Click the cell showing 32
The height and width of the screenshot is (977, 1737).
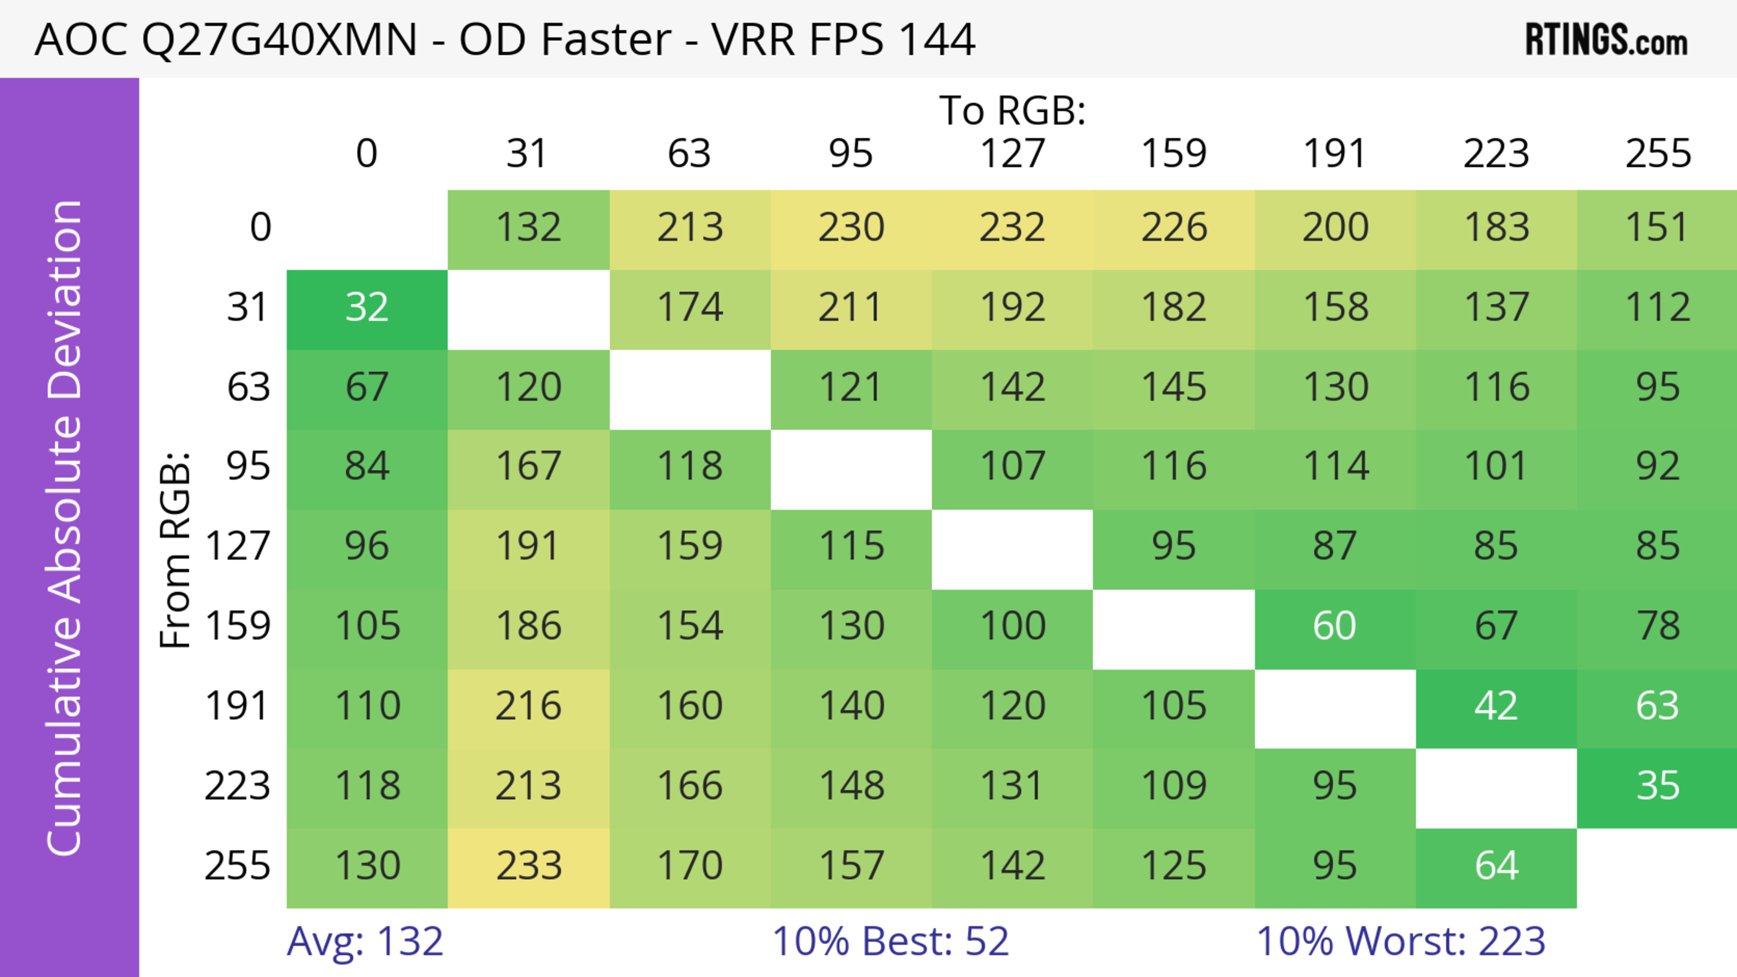367,308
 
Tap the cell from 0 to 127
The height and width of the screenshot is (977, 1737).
1012,228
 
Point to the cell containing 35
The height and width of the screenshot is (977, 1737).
1657,786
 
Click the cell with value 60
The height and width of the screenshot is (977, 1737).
1334,627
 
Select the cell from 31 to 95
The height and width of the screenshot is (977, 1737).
851,308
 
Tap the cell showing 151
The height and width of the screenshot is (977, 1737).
1657,228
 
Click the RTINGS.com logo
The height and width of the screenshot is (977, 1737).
1606,40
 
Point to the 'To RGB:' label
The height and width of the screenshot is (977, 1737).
1012,110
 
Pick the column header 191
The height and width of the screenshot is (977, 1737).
1334,154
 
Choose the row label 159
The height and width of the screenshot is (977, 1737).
237,627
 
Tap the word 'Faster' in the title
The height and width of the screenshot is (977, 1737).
606,39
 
